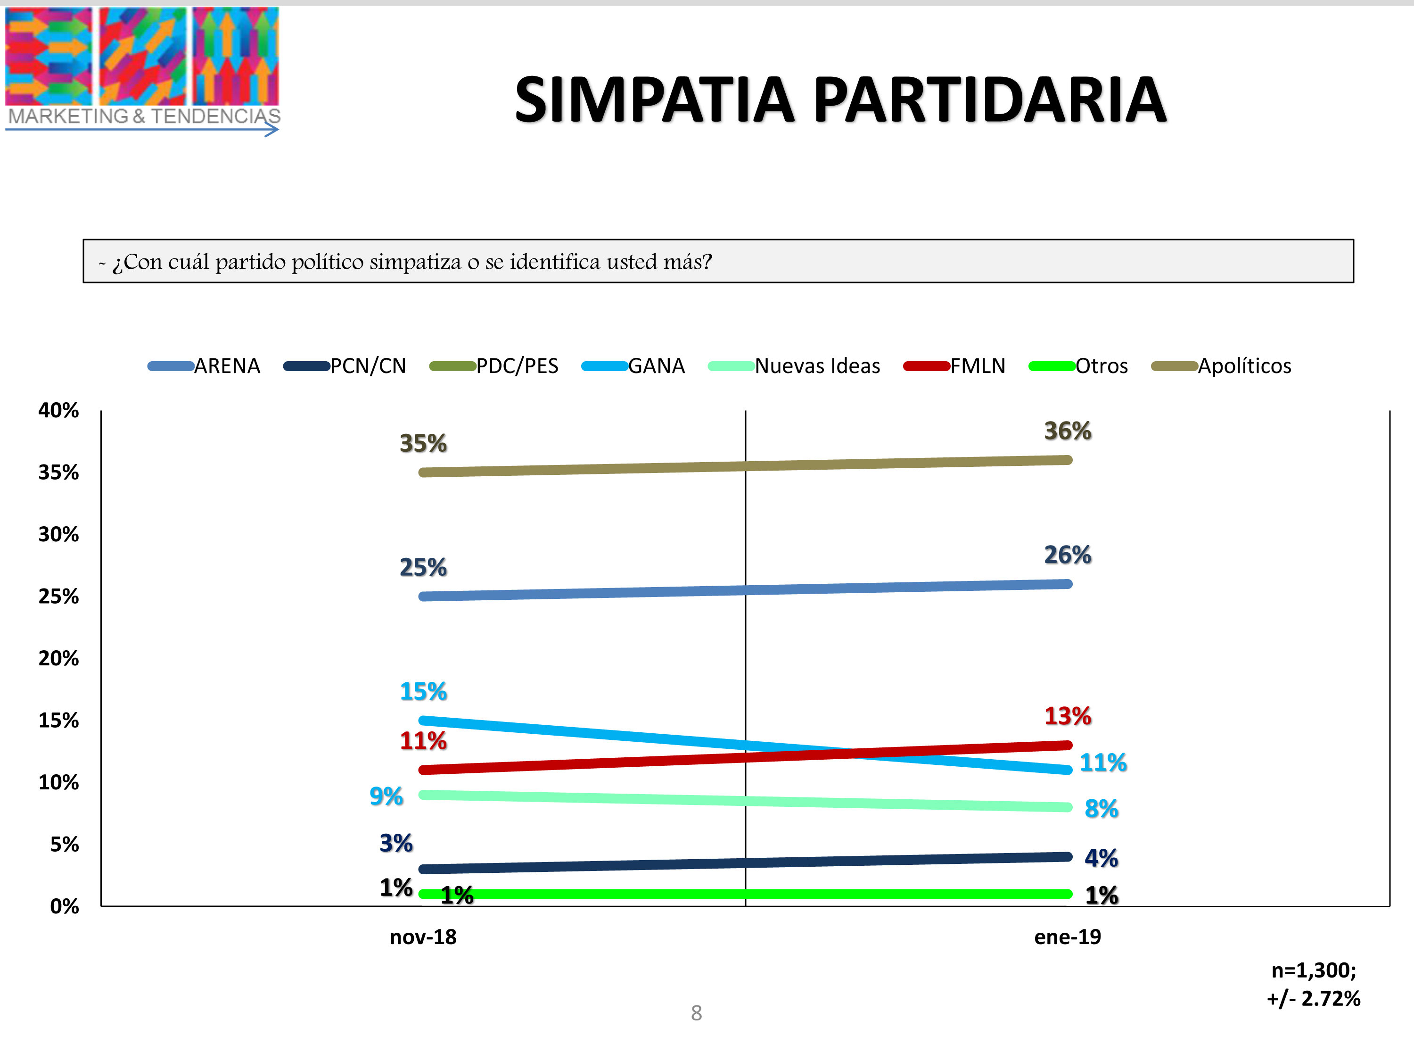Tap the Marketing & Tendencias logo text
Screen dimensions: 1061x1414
(144, 116)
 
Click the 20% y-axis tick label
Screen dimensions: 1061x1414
(59, 659)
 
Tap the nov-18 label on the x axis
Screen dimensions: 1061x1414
(423, 937)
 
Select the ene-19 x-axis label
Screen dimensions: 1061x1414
(1068, 937)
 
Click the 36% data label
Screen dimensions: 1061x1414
(1068, 431)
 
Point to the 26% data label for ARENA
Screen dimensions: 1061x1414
(1068, 555)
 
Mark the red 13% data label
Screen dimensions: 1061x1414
(1068, 716)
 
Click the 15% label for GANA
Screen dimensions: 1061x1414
(423, 691)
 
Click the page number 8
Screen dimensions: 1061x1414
(696, 1013)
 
